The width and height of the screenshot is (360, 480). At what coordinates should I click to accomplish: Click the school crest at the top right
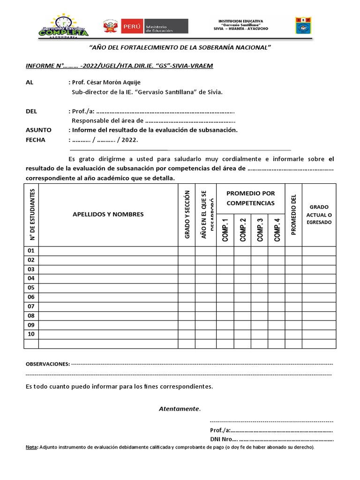point(302,26)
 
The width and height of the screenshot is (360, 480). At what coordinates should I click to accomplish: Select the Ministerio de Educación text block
point(166,26)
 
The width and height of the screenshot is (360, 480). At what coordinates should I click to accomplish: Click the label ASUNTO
point(38,130)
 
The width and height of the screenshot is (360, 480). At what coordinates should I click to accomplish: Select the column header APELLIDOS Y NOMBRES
point(108,214)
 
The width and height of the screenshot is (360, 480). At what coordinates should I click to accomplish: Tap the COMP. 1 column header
point(225,230)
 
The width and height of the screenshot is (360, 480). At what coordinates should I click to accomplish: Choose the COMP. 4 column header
point(277,230)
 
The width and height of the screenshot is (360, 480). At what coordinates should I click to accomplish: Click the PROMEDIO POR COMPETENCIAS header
point(250,198)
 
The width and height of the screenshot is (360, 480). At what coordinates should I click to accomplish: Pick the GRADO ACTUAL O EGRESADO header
point(319,214)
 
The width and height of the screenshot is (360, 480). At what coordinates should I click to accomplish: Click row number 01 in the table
point(31,251)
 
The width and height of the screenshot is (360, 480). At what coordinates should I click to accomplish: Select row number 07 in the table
point(31,307)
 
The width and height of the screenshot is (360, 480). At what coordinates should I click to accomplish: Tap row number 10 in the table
point(31,334)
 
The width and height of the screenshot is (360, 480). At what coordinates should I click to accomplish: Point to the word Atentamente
point(179,409)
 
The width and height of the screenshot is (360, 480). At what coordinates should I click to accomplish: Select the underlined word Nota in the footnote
point(31,447)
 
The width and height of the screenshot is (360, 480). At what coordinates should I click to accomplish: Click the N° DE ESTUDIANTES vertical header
point(32,214)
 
